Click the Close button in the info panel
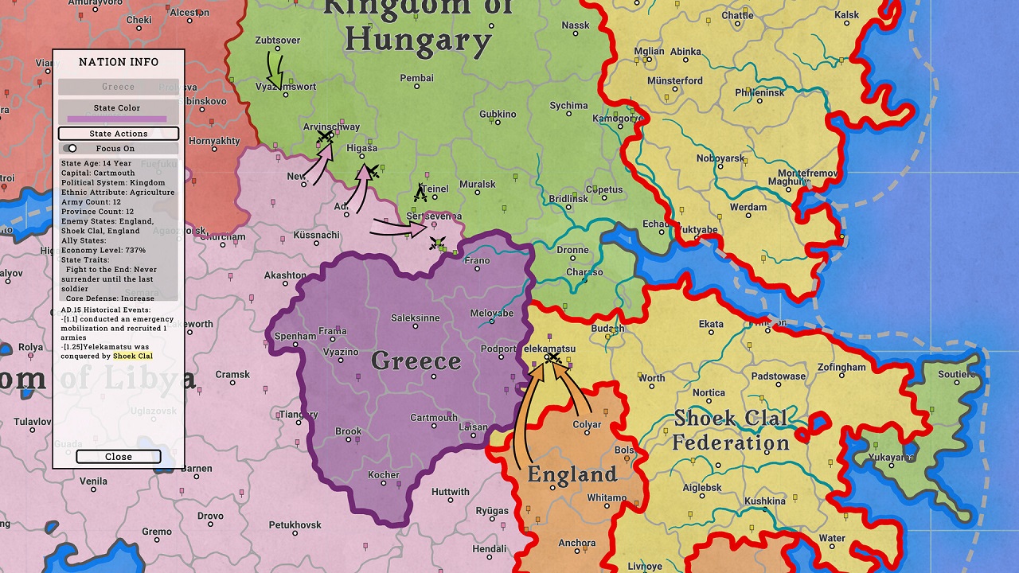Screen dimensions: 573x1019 point(119,457)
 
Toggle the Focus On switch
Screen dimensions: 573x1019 point(71,148)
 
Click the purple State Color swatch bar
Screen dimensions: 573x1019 point(117,119)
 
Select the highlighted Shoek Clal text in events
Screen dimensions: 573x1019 point(132,357)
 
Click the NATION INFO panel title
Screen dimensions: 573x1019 point(119,62)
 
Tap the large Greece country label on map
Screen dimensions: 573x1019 point(416,361)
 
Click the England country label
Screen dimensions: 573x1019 point(572,475)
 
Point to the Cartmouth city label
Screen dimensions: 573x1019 point(434,418)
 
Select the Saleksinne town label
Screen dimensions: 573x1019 point(415,318)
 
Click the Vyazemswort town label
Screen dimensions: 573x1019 point(286,87)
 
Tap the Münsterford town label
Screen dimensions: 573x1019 point(675,81)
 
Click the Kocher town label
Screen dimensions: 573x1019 point(384,475)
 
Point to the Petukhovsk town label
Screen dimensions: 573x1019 point(295,525)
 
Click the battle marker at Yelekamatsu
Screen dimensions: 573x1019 point(552,360)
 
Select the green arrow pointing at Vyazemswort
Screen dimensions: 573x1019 point(275,70)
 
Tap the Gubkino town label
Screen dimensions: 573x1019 point(498,115)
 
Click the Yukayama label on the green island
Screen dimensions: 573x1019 point(891,458)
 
